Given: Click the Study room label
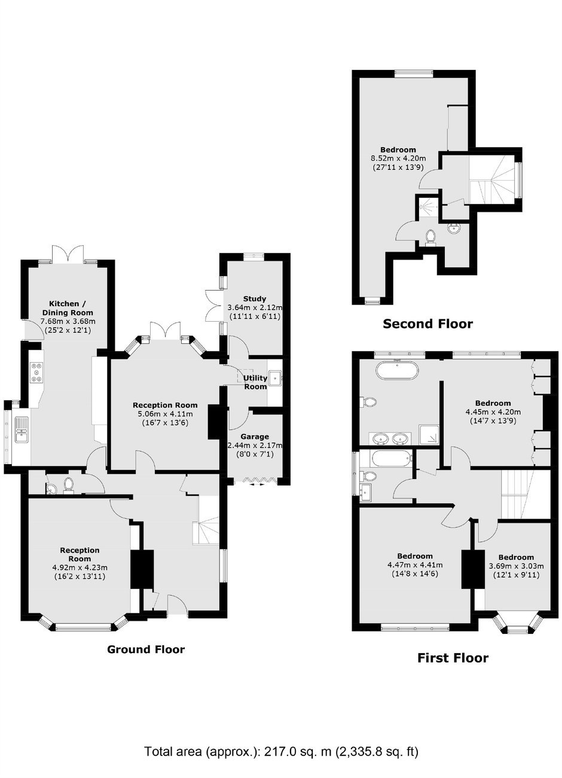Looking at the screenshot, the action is (255, 298).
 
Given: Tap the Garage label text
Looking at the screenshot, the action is (255, 437).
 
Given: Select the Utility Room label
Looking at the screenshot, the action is (255, 382).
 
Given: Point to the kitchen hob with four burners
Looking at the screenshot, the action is (37, 372).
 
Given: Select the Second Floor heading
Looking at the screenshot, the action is (427, 324).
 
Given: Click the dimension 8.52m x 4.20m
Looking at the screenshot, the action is (398, 158).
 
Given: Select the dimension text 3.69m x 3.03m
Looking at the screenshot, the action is (516, 566).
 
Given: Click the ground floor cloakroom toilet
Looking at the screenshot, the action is (68, 484).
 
